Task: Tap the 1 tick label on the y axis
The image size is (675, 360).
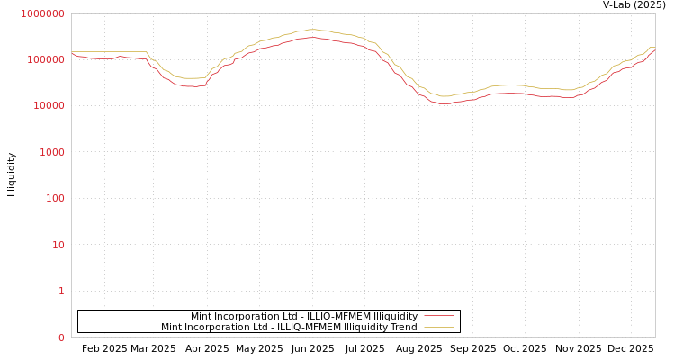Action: (x=61, y=291)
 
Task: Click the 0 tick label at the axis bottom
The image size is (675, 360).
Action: (x=61, y=337)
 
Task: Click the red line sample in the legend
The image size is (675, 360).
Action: (x=438, y=316)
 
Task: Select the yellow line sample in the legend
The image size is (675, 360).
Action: (x=438, y=327)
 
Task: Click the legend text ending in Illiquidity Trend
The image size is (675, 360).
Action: (x=289, y=327)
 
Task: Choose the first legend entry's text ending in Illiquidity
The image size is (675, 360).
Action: (x=304, y=316)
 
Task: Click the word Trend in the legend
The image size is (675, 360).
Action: (x=403, y=327)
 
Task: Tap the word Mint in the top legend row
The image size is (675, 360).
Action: (x=201, y=316)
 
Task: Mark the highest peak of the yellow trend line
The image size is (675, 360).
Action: (x=311, y=30)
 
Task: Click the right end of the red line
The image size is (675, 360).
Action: (x=654, y=49)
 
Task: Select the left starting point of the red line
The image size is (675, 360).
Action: (x=72, y=54)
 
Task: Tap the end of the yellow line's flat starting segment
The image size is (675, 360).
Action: (x=146, y=52)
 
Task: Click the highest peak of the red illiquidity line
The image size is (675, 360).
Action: (x=311, y=38)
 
